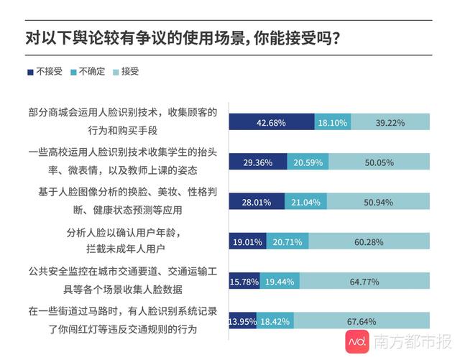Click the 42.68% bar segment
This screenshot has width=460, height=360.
tap(271, 123)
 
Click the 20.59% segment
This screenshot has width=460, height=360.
tap(308, 162)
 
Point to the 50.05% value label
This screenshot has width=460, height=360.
tap(379, 162)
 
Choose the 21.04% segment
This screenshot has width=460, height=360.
tap(306, 202)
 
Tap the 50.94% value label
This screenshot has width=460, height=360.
tap(379, 202)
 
